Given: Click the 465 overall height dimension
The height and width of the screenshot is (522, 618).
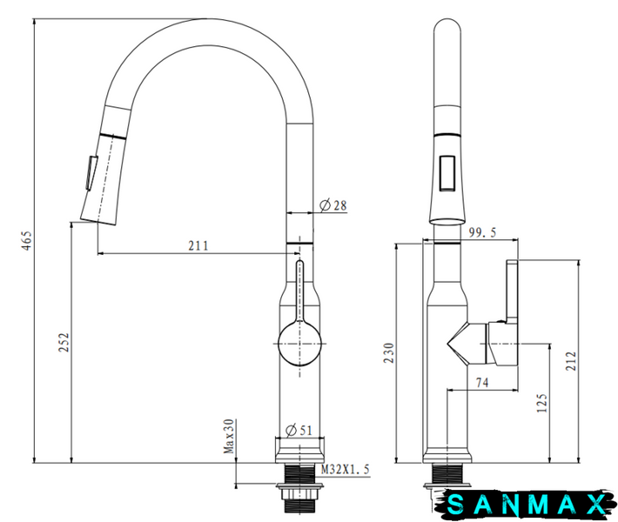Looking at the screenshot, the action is click(x=26, y=241).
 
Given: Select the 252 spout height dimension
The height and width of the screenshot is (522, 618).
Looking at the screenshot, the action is click(x=64, y=343).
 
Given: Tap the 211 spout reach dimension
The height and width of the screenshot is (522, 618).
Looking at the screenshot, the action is click(x=198, y=246).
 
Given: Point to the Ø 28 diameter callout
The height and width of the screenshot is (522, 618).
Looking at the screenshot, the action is click(x=333, y=205).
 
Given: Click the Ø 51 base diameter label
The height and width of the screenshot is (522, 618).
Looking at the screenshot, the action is click(x=299, y=430).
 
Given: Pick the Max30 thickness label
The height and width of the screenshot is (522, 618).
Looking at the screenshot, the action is click(x=229, y=436).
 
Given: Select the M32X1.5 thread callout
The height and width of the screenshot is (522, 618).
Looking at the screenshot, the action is click(x=346, y=469).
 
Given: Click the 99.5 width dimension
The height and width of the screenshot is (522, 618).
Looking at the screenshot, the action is click(x=483, y=232).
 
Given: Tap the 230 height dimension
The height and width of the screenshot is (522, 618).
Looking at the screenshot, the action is click(x=389, y=353).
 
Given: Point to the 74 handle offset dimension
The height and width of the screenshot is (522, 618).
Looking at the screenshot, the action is click(x=482, y=383).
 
